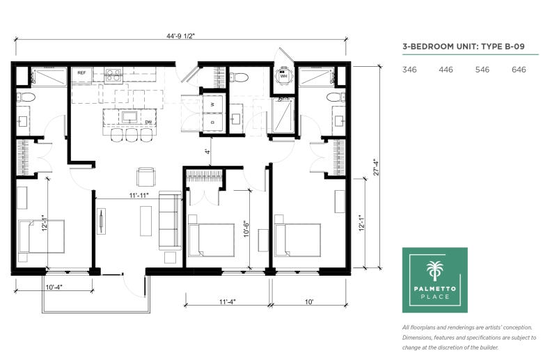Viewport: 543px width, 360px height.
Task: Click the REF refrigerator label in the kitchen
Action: click(81, 72)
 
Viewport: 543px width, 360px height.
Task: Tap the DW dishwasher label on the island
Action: click(148, 122)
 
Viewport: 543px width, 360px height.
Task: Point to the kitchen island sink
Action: click(129, 117)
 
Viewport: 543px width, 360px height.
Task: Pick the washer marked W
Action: click(212, 104)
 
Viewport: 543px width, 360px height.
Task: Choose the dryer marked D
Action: click(212, 123)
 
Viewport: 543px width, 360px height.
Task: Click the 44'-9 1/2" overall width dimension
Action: click(180, 36)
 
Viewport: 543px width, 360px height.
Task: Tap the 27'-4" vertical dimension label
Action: click(377, 167)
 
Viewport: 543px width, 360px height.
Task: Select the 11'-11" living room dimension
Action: click(139, 196)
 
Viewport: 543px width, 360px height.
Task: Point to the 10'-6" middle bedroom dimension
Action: click(246, 228)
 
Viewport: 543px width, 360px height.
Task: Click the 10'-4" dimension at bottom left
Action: click(54, 288)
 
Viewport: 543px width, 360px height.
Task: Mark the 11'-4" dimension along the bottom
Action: click(227, 302)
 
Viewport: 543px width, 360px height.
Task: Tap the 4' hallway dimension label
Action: click(207, 151)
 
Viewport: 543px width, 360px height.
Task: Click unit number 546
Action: click(482, 70)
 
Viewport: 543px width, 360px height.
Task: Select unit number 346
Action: click(409, 70)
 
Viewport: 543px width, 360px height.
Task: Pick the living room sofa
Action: click(170, 220)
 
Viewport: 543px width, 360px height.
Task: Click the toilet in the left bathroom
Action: click(26, 97)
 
